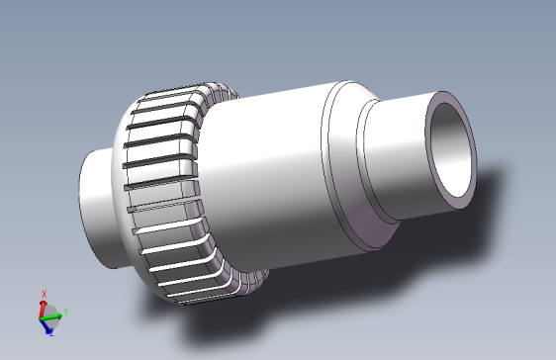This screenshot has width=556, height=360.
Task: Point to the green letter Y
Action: click(x=66, y=313)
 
